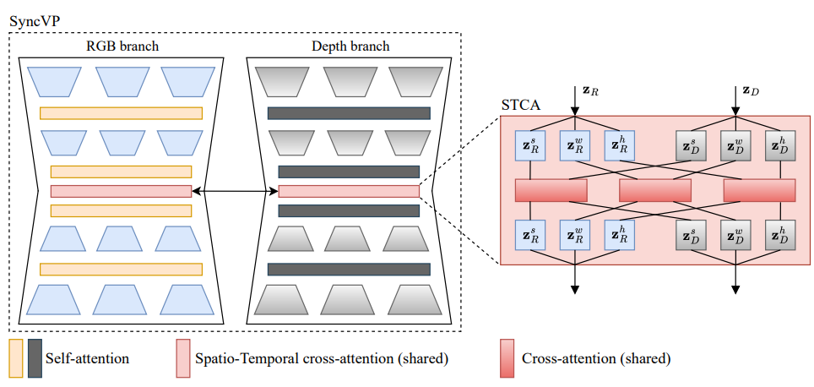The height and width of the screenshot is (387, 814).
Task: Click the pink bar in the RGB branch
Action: (121, 191)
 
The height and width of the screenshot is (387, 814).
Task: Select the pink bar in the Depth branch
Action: (349, 191)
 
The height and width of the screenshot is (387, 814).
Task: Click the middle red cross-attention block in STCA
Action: (654, 190)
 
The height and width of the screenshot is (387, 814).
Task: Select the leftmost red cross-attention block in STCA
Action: (551, 190)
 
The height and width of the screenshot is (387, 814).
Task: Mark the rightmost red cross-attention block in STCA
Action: (759, 190)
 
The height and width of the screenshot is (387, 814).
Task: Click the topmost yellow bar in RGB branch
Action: (121, 113)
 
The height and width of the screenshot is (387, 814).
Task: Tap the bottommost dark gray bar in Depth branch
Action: (349, 270)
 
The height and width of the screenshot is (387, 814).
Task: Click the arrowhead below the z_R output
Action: (575, 290)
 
